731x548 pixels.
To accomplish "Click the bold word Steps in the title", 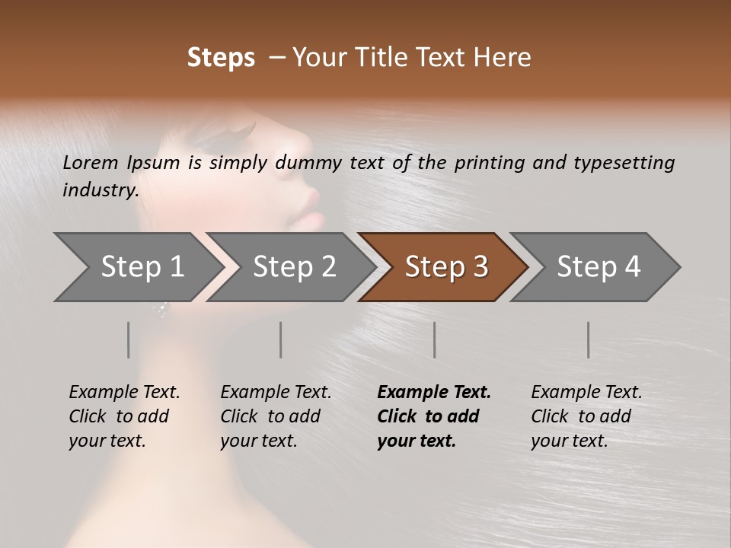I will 221,58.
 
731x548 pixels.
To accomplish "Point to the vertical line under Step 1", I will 129,339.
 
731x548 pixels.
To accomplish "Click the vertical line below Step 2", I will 281,339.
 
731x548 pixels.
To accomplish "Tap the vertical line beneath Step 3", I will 434,339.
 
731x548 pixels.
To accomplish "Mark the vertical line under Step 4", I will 588,339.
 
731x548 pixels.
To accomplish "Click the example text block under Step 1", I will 124,416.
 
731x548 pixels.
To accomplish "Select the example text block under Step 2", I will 276,416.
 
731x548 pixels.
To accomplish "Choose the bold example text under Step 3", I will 434,416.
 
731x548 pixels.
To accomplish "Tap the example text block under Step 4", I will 586,416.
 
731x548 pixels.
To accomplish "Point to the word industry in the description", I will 101,190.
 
